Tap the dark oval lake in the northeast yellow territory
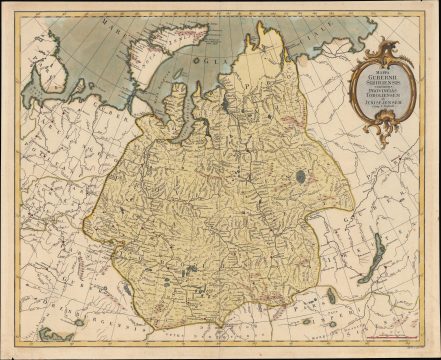300,177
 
